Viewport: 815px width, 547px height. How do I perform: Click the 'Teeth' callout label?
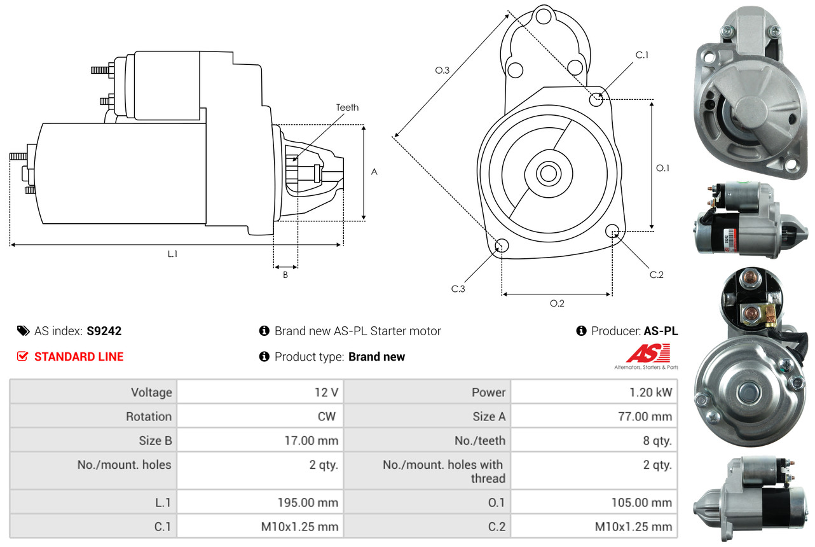347,107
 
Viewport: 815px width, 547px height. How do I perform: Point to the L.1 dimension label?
172,254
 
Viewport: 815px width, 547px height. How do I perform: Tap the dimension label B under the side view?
285,275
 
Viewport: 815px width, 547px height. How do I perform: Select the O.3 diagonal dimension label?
442,71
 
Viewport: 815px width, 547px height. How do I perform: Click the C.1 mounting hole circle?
596,99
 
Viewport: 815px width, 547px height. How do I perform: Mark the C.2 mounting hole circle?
613,231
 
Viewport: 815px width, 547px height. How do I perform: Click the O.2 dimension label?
557,303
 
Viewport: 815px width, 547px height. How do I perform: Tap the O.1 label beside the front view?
663,168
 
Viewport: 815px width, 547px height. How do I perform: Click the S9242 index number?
104,331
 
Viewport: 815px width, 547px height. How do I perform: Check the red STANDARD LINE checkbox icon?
22,357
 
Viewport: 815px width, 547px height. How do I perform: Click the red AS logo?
648,353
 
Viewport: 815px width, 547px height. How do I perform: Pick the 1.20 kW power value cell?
650,392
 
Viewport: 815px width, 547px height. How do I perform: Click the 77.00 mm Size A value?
645,417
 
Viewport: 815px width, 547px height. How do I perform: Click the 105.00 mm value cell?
641,502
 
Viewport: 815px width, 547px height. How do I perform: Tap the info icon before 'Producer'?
580,331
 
